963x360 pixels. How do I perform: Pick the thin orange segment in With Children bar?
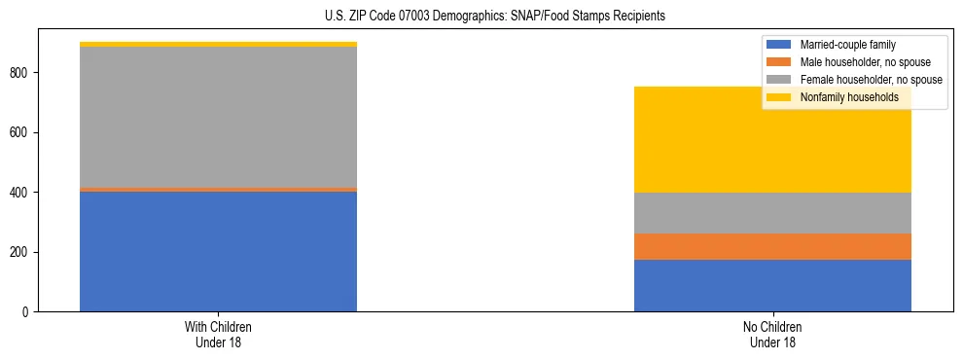[x=218, y=189]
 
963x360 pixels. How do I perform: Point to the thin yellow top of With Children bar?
[x=218, y=44]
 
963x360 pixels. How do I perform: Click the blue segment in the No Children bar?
[x=772, y=285]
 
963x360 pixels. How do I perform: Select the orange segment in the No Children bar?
[x=772, y=246]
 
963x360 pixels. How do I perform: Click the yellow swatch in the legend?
[x=780, y=97]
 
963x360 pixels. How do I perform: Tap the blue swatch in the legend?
[x=780, y=45]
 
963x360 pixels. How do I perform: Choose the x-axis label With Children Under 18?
[x=218, y=335]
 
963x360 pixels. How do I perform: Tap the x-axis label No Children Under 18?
[x=772, y=335]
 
